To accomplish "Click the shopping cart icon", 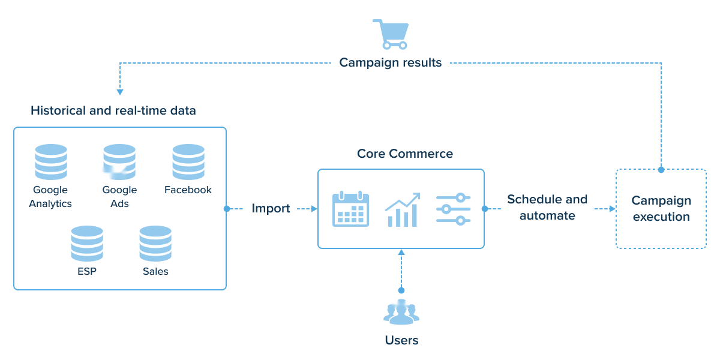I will (391, 34).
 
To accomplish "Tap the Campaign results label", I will (391, 62).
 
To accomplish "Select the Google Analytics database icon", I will (51, 162).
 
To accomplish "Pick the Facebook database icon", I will (188, 162).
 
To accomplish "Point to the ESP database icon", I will (87, 244).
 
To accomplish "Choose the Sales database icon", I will (155, 244).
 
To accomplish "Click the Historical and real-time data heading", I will (113, 111).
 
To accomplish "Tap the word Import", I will (271, 209).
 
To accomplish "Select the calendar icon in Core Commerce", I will (350, 209).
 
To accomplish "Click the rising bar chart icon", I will (402, 210).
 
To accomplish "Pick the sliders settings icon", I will (453, 209).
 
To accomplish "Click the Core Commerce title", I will (405, 154).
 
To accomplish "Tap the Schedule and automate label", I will (547, 208).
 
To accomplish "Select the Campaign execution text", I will (661, 209).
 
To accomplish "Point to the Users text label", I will (401, 340).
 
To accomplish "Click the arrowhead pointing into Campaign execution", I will (612, 209).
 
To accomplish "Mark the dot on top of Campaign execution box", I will (661, 170).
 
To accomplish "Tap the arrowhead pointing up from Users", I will (401, 253).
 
